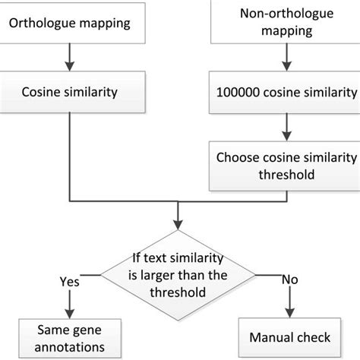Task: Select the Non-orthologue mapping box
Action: [289, 23]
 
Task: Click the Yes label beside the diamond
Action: [70, 282]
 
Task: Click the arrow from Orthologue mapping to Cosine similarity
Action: [71, 58]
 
